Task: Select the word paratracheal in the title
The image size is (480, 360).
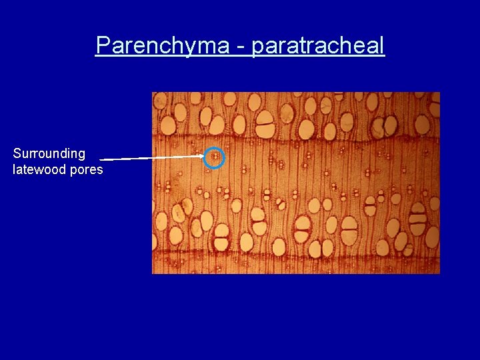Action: (319, 45)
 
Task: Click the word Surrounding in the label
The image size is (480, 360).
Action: (49, 153)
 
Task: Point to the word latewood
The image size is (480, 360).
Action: (38, 169)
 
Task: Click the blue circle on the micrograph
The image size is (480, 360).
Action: (214, 157)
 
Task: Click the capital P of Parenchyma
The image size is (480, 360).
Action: (103, 45)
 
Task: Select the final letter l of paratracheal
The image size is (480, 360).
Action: (382, 45)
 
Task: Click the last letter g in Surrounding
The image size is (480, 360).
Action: (81, 155)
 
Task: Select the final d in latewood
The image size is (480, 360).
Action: (63, 169)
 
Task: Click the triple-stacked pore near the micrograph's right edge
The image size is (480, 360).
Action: (417, 218)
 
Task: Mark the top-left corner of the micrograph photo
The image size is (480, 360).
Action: (153, 92)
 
